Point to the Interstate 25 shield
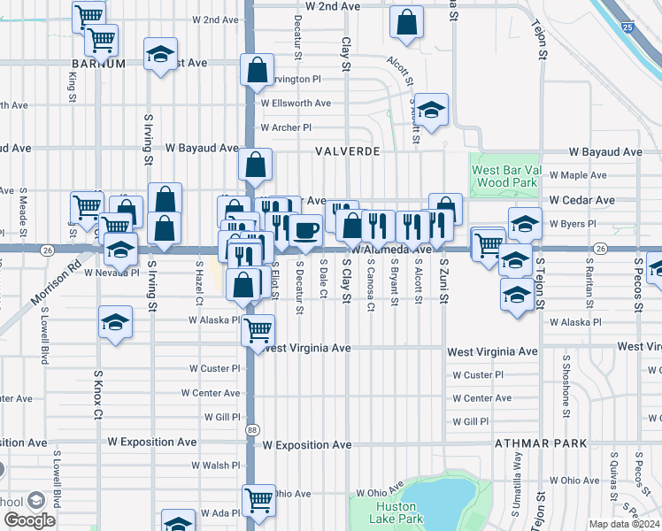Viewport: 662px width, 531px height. tap(627, 29)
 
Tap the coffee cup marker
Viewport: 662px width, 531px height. tap(306, 230)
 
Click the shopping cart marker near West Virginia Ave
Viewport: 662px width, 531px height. tap(257, 329)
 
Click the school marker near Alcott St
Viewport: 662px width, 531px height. tap(431, 111)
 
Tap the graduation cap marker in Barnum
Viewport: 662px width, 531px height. tap(160, 56)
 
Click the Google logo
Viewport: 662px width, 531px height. tap(29, 520)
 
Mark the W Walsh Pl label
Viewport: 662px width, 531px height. tap(215, 465)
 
